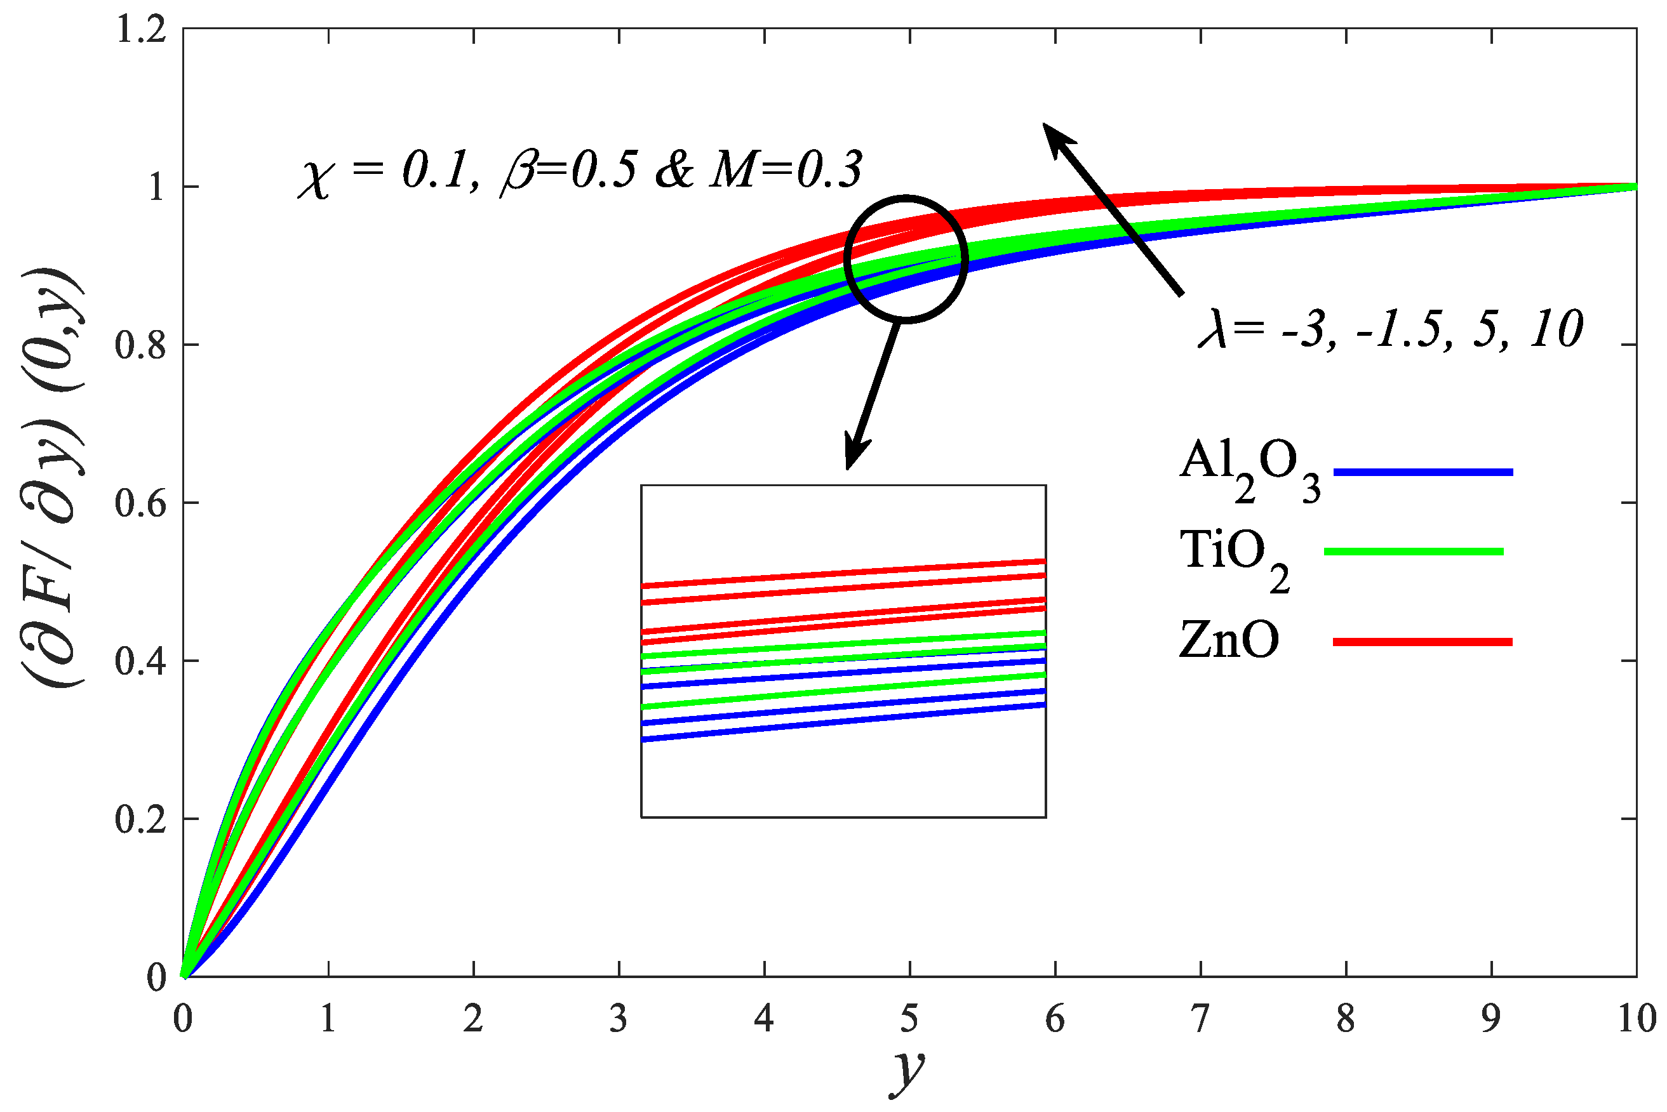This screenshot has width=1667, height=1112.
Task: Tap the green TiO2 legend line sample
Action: click(1414, 552)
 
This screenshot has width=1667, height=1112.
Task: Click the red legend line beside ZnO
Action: click(1423, 642)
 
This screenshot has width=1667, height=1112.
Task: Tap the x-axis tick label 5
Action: click(909, 1020)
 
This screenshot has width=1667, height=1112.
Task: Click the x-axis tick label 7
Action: click(1200, 1020)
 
